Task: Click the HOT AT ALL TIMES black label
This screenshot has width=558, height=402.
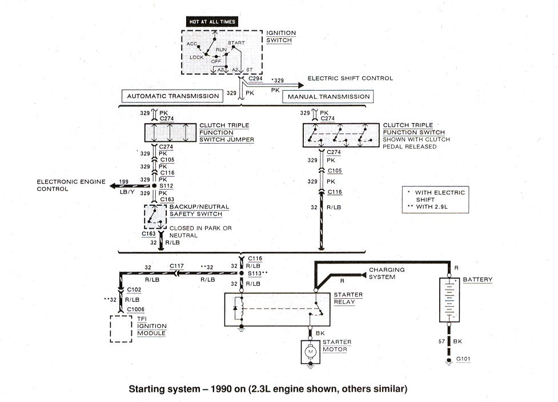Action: coord(212,22)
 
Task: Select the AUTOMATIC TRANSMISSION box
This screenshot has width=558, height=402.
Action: coord(172,96)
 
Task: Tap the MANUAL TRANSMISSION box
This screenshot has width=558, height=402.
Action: coord(328,97)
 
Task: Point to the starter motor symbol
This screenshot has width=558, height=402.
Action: coord(310,352)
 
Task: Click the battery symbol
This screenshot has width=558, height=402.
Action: coord(449,301)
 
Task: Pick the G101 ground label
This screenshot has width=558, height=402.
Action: coord(463,359)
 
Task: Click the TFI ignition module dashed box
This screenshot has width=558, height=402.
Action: coord(121,329)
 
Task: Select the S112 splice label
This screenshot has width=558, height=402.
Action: coord(166,185)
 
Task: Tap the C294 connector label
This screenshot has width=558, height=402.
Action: coord(255,79)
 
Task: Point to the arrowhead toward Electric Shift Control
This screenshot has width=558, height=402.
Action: coord(301,86)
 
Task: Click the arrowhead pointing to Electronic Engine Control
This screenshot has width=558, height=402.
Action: coord(113,186)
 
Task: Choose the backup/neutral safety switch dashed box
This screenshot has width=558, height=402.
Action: coord(155,217)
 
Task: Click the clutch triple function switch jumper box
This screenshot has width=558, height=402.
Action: coord(170,133)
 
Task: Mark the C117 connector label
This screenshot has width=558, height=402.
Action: coord(176,266)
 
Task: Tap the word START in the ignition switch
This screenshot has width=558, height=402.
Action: coord(236,43)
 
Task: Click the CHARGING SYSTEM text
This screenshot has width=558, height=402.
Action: coord(387,273)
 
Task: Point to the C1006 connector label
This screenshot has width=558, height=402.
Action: coord(135,309)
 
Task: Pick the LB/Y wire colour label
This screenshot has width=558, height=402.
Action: coord(127,192)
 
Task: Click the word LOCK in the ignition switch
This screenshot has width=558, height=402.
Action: coord(196,57)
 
